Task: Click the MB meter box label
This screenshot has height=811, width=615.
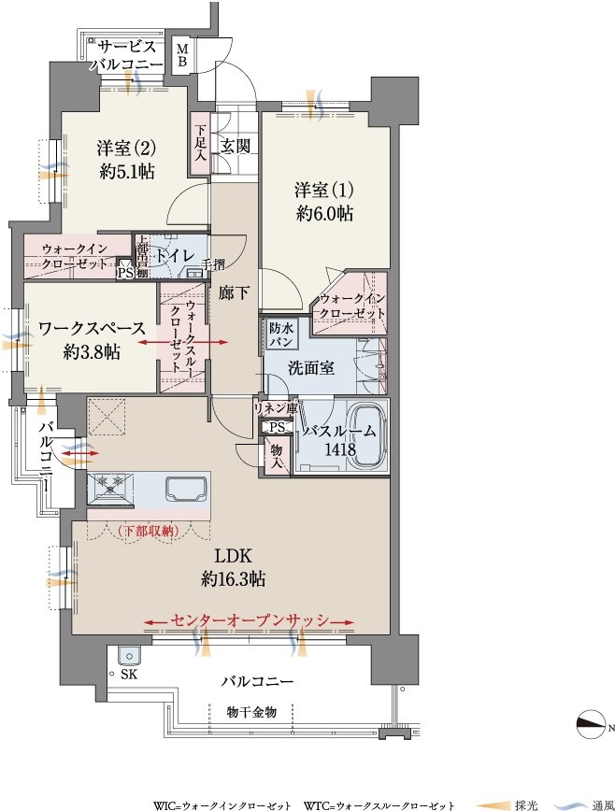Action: pos(183,56)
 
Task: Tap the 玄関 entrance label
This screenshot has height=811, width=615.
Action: pos(236,147)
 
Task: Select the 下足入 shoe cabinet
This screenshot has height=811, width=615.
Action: pos(200,145)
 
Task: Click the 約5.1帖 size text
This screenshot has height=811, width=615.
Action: pos(127,171)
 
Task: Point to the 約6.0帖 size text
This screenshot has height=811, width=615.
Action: pos(325,213)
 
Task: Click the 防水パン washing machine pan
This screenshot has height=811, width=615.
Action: pos(280,334)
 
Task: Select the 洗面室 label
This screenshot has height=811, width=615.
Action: pos(311,368)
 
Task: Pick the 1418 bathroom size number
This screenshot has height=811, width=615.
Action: pos(340,449)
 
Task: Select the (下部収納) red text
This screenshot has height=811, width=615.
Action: pos(148,531)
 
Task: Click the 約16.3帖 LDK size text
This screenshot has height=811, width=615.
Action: pos(234,579)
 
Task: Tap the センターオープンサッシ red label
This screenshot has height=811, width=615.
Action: pos(250,620)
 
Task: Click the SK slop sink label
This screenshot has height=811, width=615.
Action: pos(128,675)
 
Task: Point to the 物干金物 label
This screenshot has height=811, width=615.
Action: pos(251,712)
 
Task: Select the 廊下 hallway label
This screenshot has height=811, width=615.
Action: pos(234,293)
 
